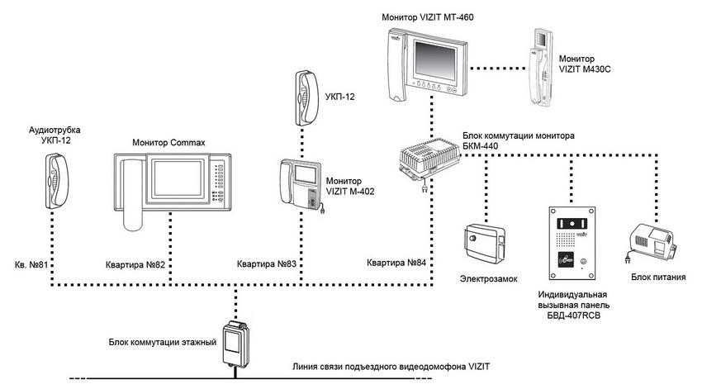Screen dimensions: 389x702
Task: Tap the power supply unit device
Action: [655, 242]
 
